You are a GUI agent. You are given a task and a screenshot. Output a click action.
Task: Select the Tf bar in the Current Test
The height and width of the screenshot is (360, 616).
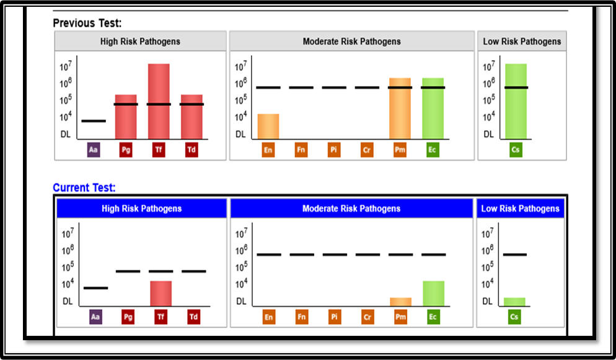tap(161, 293)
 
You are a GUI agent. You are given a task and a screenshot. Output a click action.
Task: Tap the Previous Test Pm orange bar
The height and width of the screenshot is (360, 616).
tap(400, 108)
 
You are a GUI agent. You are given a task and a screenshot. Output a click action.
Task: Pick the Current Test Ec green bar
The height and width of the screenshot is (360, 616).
tap(434, 293)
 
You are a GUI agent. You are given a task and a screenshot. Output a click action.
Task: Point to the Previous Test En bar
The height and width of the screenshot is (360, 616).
tap(268, 126)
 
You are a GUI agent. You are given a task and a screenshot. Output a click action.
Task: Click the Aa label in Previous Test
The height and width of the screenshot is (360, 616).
tap(94, 150)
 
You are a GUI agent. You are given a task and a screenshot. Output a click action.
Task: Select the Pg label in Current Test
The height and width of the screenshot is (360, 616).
tap(128, 317)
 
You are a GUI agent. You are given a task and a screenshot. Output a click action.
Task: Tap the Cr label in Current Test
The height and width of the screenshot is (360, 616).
tap(367, 317)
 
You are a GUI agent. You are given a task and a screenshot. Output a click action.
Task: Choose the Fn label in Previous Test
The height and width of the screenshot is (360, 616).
tap(301, 150)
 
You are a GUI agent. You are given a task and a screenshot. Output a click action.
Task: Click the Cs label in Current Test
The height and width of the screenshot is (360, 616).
tap(514, 317)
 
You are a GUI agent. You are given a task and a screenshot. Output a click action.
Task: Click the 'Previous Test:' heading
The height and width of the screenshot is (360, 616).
tap(87, 23)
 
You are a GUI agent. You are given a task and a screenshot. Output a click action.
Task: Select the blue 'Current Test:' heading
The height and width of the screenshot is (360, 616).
tap(84, 188)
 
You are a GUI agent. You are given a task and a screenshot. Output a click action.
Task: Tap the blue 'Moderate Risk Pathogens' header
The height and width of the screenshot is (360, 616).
tap(351, 209)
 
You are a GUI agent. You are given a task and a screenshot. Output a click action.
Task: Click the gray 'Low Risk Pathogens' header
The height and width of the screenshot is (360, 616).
tap(522, 42)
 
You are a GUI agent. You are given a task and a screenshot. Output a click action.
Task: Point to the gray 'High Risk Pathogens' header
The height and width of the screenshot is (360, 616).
tap(141, 42)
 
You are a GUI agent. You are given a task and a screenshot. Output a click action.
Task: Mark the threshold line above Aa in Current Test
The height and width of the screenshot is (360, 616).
tap(95, 288)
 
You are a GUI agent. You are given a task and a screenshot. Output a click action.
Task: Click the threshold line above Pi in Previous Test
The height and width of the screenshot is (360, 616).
tap(334, 87)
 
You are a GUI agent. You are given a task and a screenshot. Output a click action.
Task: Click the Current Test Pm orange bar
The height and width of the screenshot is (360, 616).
tap(400, 302)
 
